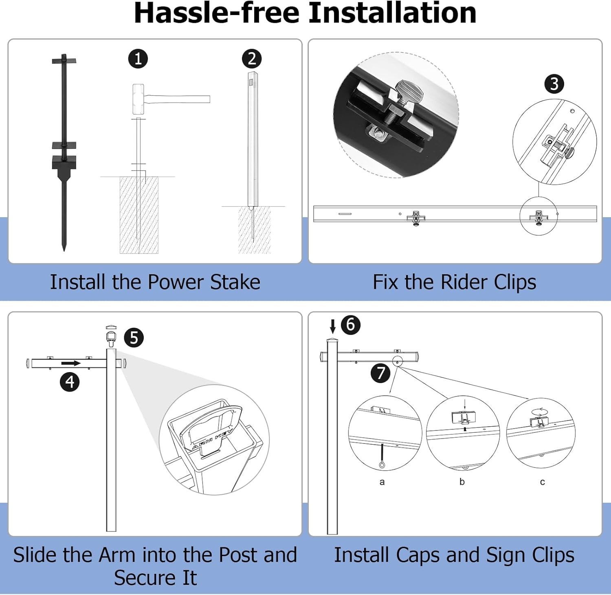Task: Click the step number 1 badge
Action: tap(138, 59)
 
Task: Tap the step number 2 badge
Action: tap(252, 59)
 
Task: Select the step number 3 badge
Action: tap(554, 84)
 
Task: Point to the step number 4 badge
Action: tap(70, 382)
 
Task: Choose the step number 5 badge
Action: tap(134, 338)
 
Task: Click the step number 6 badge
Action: tap(350, 325)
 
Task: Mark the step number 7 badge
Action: tap(380, 373)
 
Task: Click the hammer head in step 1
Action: tap(138, 99)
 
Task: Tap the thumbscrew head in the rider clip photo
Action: tap(410, 92)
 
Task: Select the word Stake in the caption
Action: tap(235, 282)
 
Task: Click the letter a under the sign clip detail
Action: tap(382, 482)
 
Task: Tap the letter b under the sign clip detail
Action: tap(462, 481)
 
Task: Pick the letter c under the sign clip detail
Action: tap(542, 482)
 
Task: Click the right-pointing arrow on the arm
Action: tap(71, 363)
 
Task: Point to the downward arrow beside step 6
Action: tap(333, 326)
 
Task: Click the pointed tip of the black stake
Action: tap(64, 250)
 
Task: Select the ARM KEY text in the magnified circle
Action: tap(213, 439)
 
